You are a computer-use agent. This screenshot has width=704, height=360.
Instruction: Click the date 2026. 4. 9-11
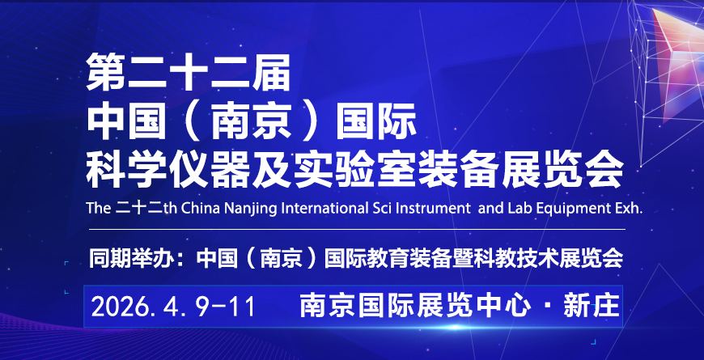click(x=173, y=307)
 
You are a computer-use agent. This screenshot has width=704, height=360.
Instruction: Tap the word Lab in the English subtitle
click(x=520, y=208)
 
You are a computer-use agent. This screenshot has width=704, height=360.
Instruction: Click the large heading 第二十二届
click(x=189, y=72)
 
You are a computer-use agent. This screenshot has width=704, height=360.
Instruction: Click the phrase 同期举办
click(x=137, y=258)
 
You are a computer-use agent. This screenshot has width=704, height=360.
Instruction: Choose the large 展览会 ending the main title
click(x=562, y=171)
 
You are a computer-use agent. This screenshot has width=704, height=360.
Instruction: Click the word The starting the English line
click(x=98, y=208)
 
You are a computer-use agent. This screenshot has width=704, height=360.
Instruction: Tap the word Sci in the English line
click(x=380, y=208)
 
